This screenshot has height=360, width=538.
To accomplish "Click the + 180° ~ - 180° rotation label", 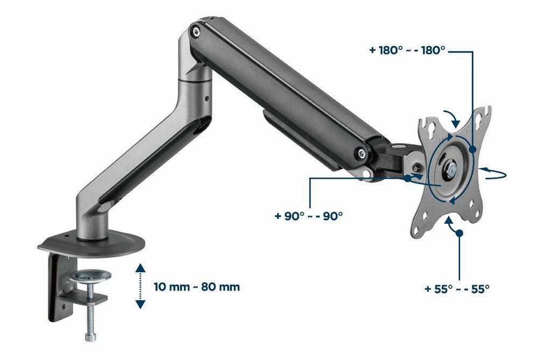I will point(407,50).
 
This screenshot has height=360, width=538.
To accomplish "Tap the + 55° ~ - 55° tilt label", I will point(457,288).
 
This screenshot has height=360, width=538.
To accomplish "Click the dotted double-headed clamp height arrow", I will point(140,286).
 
